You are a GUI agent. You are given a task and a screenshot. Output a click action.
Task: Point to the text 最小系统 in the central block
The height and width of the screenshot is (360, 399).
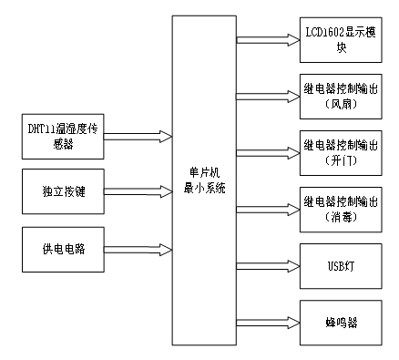click(x=203, y=187)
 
